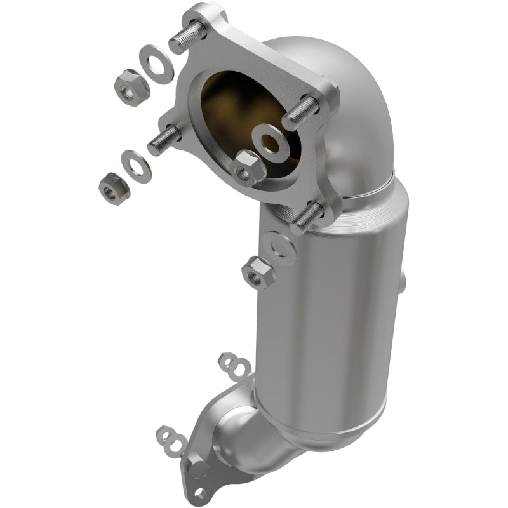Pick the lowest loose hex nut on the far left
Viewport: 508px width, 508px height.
coord(114,185)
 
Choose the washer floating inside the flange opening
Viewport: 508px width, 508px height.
coord(272,142)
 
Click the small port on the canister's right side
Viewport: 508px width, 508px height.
coord(403,279)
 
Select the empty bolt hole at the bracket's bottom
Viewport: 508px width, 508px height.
coord(201,492)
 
